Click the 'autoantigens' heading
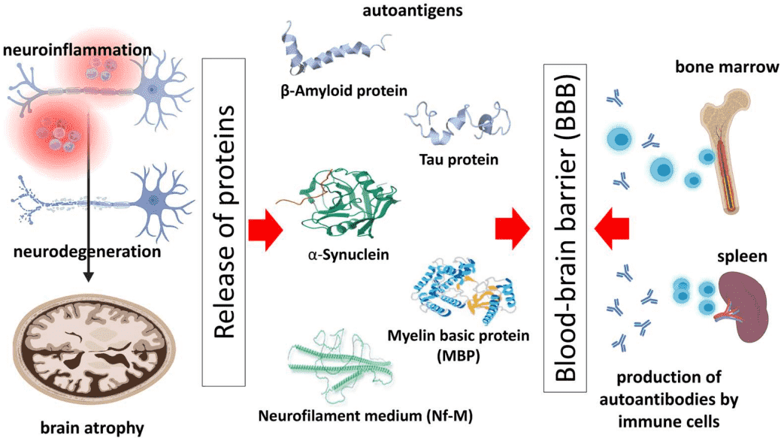(x=413, y=10)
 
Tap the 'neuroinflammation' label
(x=77, y=50)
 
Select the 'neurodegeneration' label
(x=87, y=252)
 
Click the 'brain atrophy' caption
(x=92, y=428)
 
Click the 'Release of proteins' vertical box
(x=224, y=222)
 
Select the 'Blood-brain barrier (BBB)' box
(x=565, y=228)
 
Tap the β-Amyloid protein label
(x=344, y=91)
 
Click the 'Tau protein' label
(x=459, y=160)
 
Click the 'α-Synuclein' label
(x=348, y=255)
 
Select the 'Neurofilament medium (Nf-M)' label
(x=365, y=415)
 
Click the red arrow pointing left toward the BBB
(x=612, y=229)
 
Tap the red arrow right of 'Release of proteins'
(x=266, y=229)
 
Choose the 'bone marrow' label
(x=727, y=67)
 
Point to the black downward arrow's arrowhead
(x=88, y=276)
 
